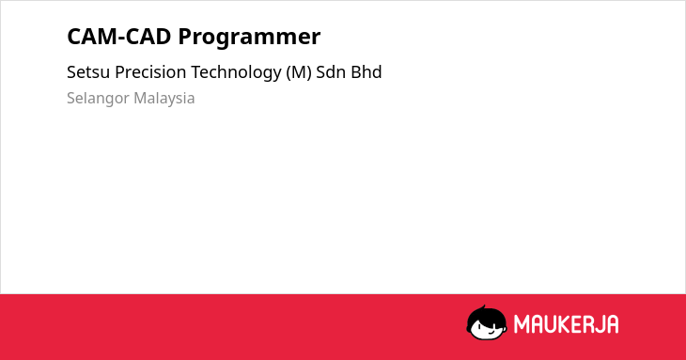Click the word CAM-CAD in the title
(x=119, y=37)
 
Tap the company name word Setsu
(x=88, y=72)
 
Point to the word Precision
(x=150, y=72)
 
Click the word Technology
(x=236, y=73)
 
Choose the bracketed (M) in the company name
(x=299, y=72)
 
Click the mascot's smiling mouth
(x=490, y=332)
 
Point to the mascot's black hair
(x=485, y=316)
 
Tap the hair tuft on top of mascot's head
(x=483, y=307)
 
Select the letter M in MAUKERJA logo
(x=522, y=324)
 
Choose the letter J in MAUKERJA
(x=598, y=324)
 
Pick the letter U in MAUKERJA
(x=549, y=324)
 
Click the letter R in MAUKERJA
(x=585, y=324)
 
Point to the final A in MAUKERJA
(x=612, y=324)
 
